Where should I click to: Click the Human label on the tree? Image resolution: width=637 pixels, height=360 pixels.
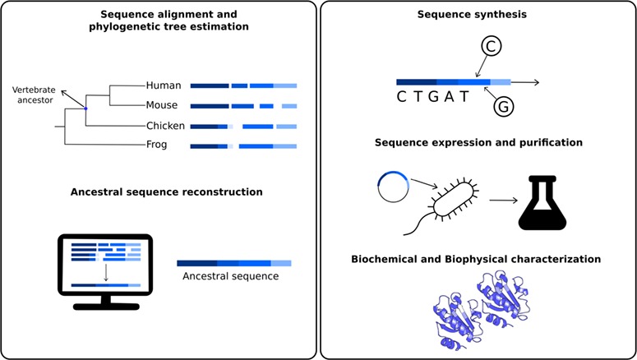click(x=164, y=85)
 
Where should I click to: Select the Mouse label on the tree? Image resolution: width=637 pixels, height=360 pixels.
click(x=164, y=106)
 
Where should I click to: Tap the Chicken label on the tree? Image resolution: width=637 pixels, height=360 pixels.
click(x=167, y=127)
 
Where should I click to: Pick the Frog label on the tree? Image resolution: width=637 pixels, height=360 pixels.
click(x=159, y=147)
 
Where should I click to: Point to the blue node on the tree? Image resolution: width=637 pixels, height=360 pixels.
click(x=85, y=108)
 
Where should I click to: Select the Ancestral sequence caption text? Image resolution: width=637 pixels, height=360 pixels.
click(x=233, y=277)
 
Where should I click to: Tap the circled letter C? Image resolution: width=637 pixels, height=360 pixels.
click(x=491, y=48)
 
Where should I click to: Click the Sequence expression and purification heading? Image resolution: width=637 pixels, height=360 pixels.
click(x=478, y=142)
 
